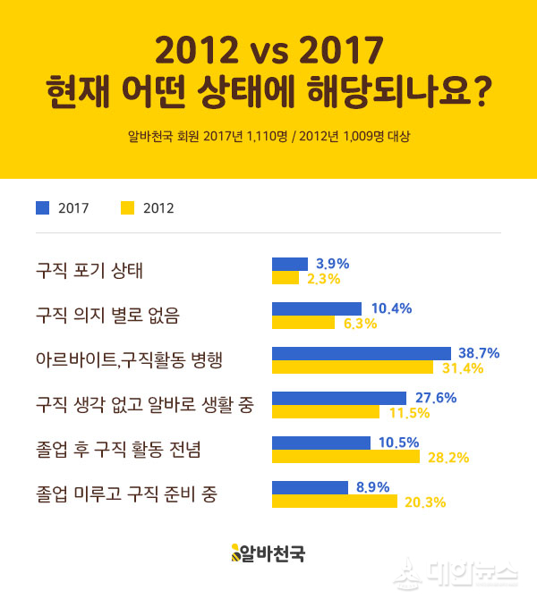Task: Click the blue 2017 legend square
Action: point(42,208)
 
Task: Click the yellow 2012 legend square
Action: point(127,208)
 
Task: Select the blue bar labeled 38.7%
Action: point(361,353)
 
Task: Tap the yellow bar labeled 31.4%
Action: point(352,367)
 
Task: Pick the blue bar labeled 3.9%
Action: point(289,264)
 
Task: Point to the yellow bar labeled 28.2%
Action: point(345,457)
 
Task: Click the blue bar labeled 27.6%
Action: point(338,398)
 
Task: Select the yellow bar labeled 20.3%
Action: point(334,502)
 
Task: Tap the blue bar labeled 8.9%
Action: point(310,487)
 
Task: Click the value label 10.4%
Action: point(391,308)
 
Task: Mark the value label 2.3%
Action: point(322,279)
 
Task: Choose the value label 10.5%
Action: point(398,443)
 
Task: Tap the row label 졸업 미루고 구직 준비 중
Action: point(126,494)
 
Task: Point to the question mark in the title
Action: point(479,92)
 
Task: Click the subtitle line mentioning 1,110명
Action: point(268,137)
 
